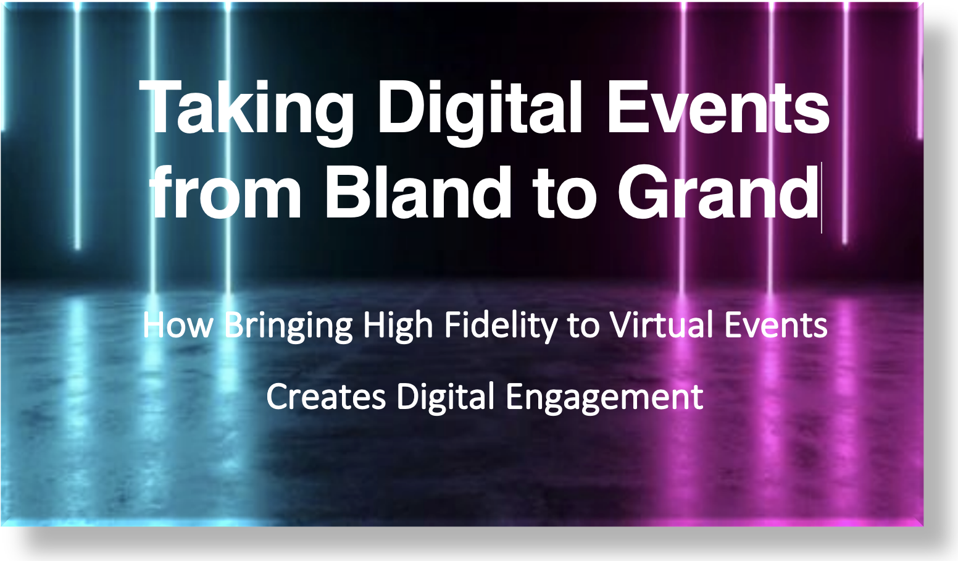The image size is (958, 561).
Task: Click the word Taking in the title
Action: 246,112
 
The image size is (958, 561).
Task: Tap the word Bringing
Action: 288,327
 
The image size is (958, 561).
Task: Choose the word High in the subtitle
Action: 398,327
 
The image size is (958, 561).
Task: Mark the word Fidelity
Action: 501,327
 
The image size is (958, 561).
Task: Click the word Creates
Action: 326,397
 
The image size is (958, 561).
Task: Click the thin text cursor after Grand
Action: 822,198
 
